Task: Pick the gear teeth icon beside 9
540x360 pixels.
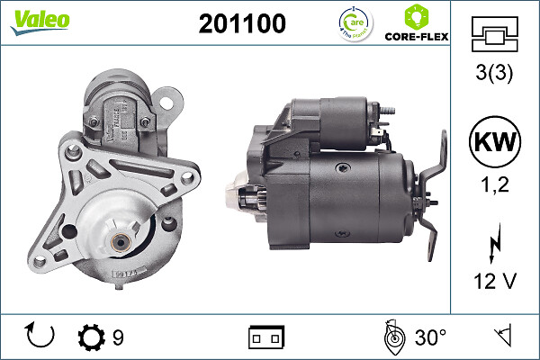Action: pos(91,337)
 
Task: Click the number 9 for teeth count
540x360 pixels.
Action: pos(118,337)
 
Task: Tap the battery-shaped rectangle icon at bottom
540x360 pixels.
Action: pos(266,337)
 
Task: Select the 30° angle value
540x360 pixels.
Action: pos(430,337)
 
